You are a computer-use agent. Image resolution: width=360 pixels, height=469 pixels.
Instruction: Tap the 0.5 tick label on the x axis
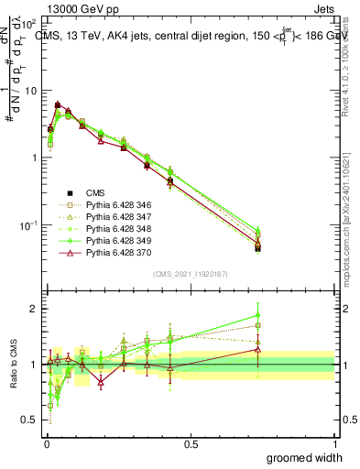[x=191, y=443]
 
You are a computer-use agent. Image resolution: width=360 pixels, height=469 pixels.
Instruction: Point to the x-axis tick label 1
[x=335, y=443]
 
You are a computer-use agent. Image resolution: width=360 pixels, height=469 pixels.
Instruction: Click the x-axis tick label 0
[x=46, y=443]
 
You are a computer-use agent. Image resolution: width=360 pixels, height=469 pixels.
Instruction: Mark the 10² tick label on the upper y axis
[x=30, y=25]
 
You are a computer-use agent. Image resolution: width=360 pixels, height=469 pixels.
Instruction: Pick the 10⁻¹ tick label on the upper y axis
[x=30, y=225]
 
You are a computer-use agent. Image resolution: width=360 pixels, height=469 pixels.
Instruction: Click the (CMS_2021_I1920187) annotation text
[x=191, y=272]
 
